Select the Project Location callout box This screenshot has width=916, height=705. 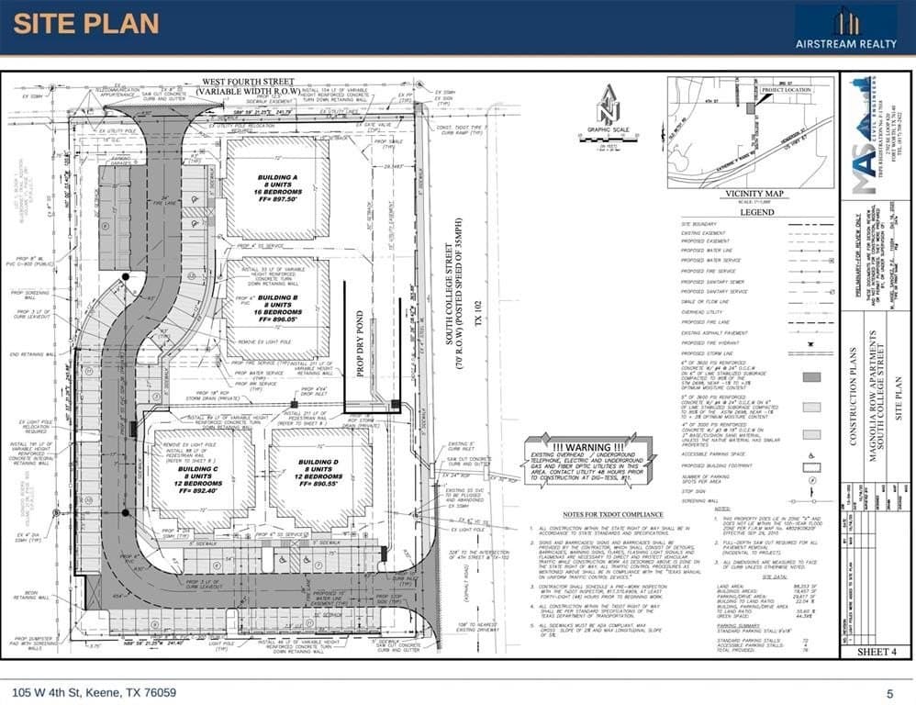[786, 90]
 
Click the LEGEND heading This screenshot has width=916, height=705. [757, 212]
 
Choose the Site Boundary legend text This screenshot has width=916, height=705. [698, 223]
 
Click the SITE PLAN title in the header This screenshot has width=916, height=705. [86, 25]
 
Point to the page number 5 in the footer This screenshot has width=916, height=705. [889, 693]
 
